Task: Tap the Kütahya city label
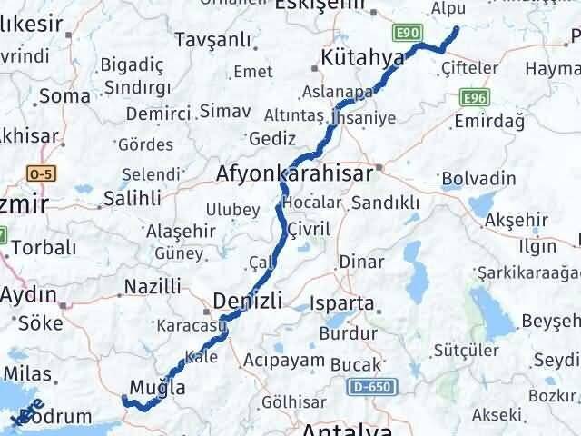tap(362, 59)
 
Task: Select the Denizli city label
tap(248, 300)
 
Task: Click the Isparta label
tap(341, 302)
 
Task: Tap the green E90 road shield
tap(408, 34)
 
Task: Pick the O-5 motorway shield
tap(41, 173)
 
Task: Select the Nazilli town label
tap(152, 287)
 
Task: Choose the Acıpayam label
tap(283, 361)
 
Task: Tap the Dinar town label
tap(355, 262)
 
